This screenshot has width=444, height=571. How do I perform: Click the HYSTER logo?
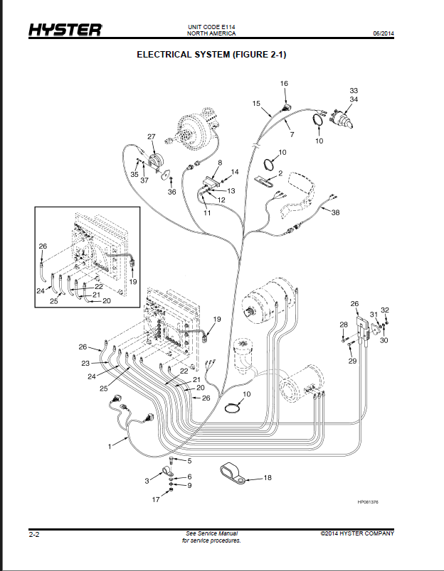[65, 30]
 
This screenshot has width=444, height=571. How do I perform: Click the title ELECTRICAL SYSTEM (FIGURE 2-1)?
[211, 55]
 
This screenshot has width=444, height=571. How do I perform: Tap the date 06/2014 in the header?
[384, 33]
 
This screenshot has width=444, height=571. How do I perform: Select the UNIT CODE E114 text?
[211, 27]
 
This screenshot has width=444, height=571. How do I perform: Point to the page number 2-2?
[34, 535]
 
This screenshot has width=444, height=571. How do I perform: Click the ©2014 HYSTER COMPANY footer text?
[357, 533]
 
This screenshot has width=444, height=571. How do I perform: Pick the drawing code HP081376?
[368, 502]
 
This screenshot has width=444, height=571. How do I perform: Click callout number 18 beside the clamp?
[268, 477]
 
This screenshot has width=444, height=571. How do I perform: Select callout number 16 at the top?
[284, 83]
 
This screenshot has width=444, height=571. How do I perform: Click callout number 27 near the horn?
[151, 136]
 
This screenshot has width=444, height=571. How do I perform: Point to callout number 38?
[335, 212]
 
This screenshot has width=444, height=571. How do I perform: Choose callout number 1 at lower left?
[110, 447]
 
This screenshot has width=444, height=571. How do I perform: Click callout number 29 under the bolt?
[352, 361]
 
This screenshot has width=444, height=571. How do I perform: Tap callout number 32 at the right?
[385, 310]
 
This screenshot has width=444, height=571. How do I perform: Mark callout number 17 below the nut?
[156, 499]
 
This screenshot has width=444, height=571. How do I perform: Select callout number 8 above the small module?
[220, 163]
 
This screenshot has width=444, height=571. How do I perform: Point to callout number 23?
[85, 363]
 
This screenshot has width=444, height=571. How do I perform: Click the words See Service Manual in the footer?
[211, 533]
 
